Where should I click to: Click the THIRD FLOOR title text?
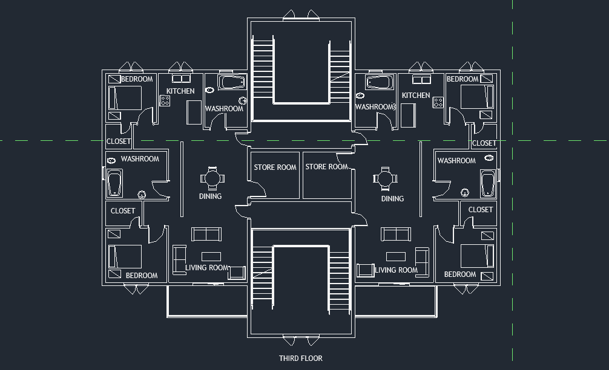pos(300,358)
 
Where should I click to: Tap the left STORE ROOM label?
pos(275,167)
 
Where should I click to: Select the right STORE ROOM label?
pos(326,167)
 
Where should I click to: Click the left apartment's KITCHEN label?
pos(180,91)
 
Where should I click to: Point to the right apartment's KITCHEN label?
pos(416,96)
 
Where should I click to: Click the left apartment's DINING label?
pos(210,196)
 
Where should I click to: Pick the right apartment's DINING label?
pos(392,199)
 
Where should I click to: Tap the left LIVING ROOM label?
pos(207,268)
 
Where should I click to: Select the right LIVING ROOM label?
pos(396,270)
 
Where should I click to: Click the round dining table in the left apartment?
pos(212,178)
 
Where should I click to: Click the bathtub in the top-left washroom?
pos(231,82)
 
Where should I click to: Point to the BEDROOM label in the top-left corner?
pos(137,79)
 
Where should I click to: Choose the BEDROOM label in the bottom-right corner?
pos(460,274)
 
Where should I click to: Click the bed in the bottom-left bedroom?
pos(125,256)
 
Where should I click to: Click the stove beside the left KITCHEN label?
pos(165,101)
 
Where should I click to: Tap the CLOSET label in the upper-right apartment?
pos(484,143)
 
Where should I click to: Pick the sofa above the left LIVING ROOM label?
pos(207,235)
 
